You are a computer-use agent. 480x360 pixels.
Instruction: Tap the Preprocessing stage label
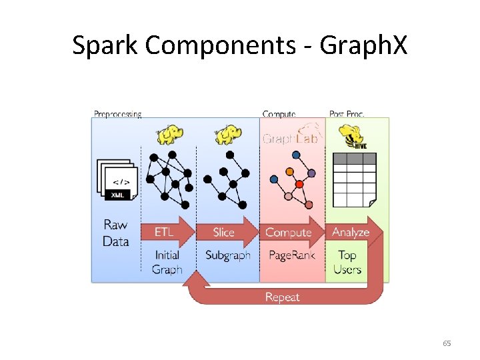tap(117, 114)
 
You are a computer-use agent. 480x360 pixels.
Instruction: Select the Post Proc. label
tap(347, 114)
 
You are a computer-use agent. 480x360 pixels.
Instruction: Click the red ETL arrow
tap(167, 232)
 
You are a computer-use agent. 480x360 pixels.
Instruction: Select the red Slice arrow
tap(227, 232)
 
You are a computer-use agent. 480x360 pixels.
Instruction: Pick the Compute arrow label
tap(289, 232)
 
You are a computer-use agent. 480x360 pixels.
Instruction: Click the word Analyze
tap(351, 232)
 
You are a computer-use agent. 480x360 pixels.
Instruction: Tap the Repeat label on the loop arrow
tap(282, 297)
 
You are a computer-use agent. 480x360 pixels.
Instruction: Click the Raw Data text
tap(116, 233)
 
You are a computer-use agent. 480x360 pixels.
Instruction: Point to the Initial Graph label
tap(167, 262)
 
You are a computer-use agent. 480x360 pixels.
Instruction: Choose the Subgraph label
tap(228, 255)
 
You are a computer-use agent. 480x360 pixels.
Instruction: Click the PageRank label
tap(289, 255)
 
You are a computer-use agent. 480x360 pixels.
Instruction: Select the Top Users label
tap(347, 262)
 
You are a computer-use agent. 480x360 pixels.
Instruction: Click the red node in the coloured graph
tap(299, 184)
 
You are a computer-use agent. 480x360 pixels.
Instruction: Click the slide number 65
tap(447, 343)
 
